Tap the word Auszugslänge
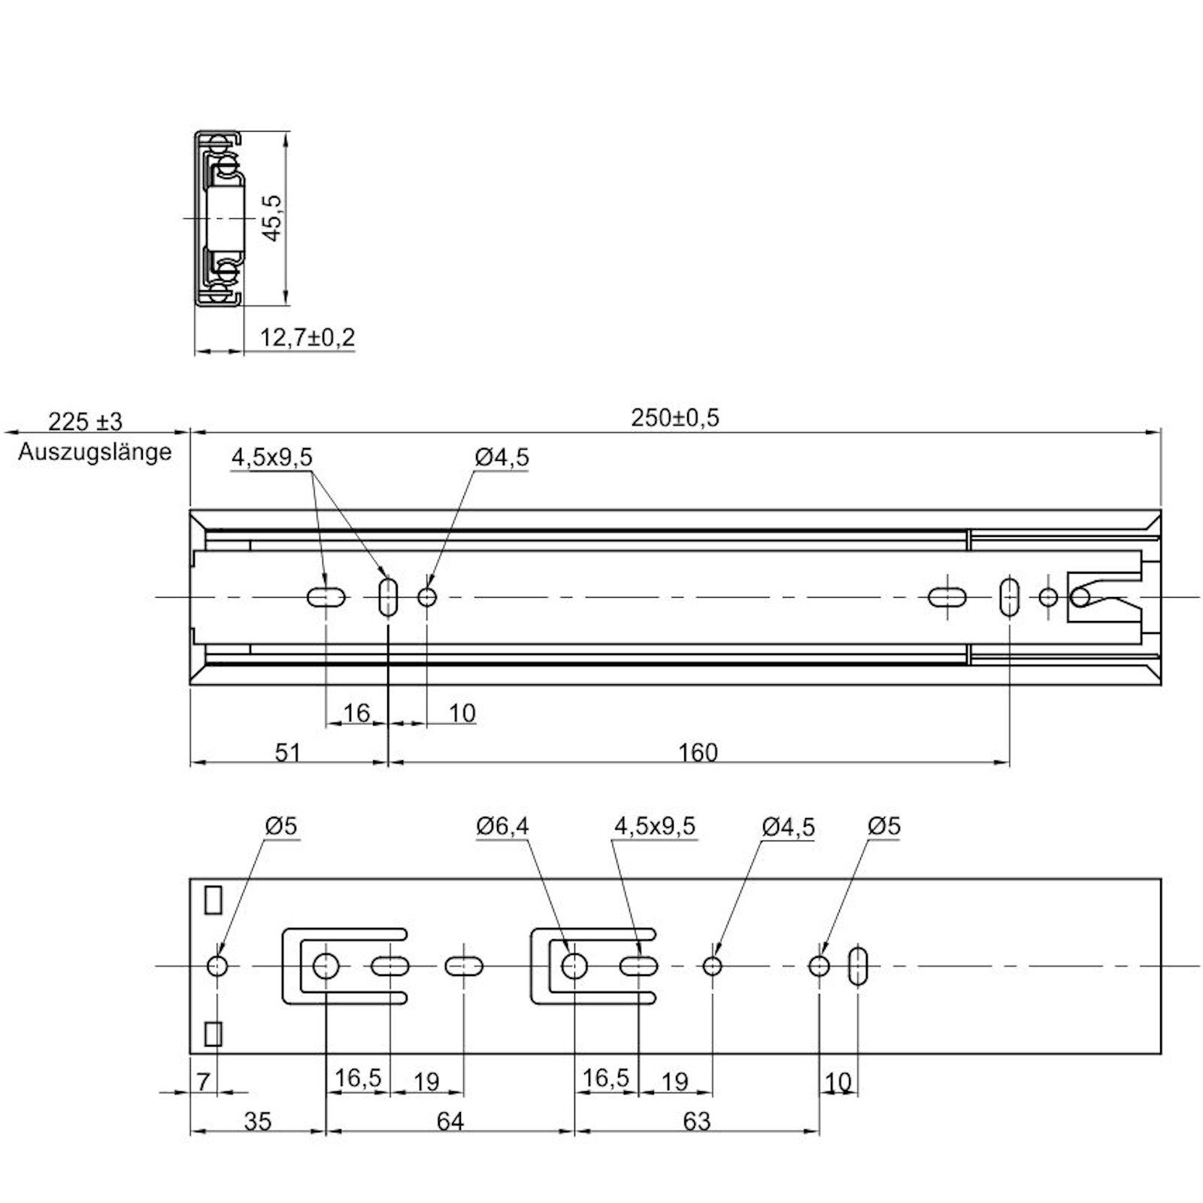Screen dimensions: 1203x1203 pos(95,452)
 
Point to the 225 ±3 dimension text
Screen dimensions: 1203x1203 pos(85,420)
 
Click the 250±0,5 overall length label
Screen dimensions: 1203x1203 pos(674,418)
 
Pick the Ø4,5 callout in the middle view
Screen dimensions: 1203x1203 pos(502,457)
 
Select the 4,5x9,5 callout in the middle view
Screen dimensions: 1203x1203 pos(271,457)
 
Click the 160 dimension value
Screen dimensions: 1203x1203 pos(698,753)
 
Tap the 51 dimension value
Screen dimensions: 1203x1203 pos(288,753)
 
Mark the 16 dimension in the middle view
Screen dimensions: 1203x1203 pos(356,712)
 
